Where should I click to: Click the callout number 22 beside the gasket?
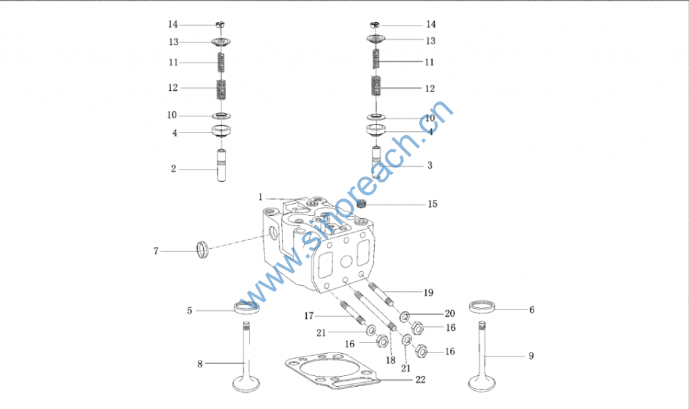click(421, 379)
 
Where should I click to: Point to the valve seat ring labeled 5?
click(246, 307)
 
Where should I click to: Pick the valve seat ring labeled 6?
click(482, 306)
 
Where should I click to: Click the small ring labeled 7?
click(202, 250)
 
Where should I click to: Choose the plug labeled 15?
click(361, 203)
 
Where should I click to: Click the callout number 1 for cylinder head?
click(260, 197)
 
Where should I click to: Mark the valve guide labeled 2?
click(221, 165)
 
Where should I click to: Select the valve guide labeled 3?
click(377, 161)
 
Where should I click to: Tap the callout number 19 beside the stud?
click(429, 293)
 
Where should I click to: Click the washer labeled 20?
click(404, 316)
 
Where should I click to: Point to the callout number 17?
click(309, 316)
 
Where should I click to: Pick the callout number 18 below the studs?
click(391, 361)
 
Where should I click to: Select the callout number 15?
click(433, 204)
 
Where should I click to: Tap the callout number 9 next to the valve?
click(532, 356)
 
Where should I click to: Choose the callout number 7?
click(156, 252)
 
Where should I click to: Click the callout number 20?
click(449, 313)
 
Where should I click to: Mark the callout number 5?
click(189, 311)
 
